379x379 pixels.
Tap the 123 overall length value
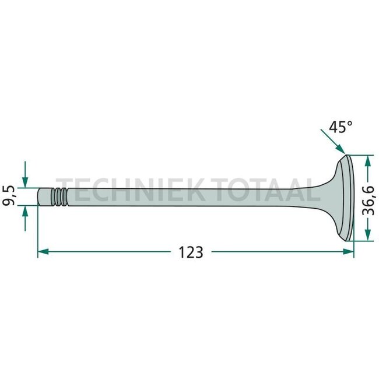[191, 252]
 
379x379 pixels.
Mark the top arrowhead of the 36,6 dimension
[367, 159]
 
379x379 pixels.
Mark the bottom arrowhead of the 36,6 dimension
[367, 236]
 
